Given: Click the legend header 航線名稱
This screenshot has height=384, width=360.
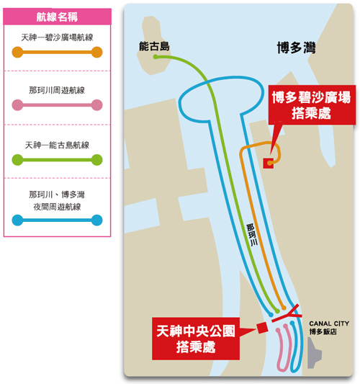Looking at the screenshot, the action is (57, 17).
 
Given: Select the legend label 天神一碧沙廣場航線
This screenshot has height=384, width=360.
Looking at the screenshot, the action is (57, 37).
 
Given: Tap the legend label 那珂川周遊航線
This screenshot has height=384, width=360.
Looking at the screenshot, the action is (57, 90).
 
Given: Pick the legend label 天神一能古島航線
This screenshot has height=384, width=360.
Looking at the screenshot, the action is (57, 145).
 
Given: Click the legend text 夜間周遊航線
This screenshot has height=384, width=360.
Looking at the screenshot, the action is (57, 207).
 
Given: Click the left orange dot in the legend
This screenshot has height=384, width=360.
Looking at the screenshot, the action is (17, 52).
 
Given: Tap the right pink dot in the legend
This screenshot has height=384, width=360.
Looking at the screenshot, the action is (97, 105).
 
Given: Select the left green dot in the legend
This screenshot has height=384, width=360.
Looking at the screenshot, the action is (17, 160).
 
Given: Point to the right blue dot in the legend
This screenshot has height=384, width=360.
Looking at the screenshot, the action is (97, 220).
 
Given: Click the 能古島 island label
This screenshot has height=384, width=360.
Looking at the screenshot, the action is (154, 47).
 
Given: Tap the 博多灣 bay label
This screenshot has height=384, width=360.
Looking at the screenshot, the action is (296, 48).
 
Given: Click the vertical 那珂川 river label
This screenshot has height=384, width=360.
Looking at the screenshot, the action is (252, 235).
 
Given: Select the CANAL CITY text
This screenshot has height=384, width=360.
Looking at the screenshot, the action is (329, 323).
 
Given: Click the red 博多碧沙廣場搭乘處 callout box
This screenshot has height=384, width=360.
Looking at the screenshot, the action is (312, 105).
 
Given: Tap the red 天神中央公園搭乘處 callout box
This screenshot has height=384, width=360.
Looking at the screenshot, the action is (196, 339).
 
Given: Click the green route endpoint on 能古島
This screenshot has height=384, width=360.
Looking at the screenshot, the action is (156, 57).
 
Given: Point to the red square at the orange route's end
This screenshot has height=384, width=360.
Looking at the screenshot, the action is (269, 163).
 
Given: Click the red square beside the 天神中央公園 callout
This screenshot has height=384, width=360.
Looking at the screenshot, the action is (262, 328).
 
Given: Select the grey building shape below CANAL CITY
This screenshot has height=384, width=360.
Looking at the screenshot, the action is (314, 353).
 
